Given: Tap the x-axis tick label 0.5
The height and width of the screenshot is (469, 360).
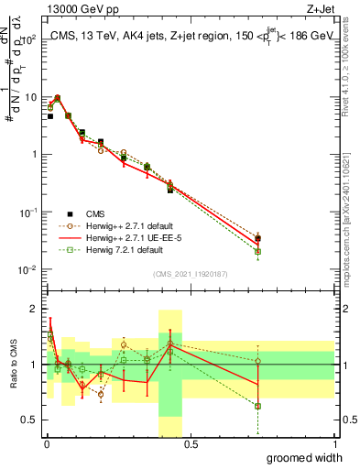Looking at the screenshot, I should click(x=191, y=444).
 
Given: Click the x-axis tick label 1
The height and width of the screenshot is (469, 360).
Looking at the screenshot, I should click(x=334, y=444).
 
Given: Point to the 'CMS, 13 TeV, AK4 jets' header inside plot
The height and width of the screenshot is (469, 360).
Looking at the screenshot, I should click(x=119, y=33).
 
